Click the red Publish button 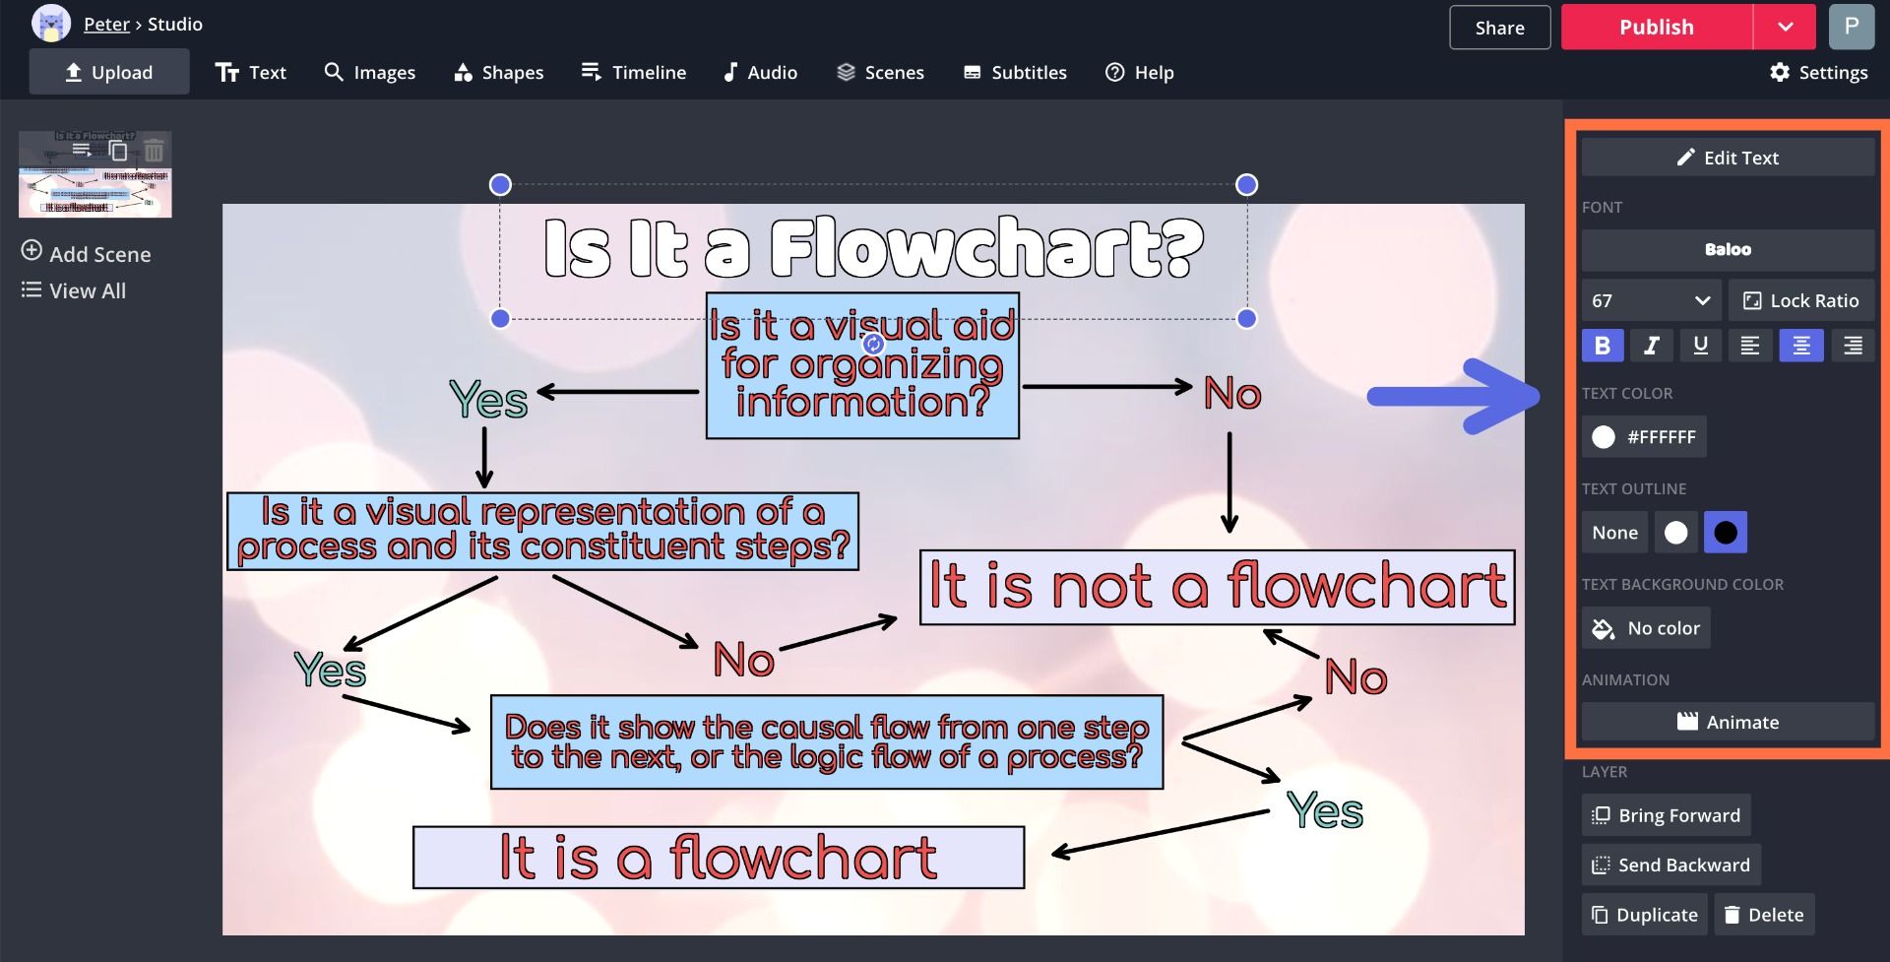[1656, 28]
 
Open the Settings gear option [1818, 73]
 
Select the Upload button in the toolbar [109, 73]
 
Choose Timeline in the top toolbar [634, 73]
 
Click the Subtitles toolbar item [1015, 73]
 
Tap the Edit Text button [1728, 158]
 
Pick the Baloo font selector [1728, 250]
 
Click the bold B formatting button [1602, 346]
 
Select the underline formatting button [1700, 346]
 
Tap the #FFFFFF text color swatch [1644, 437]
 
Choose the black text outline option [1725, 533]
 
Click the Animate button [1728, 722]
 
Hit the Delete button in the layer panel [1763, 915]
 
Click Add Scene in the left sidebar [87, 254]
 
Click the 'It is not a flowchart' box [1217, 588]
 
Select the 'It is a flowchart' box [719, 858]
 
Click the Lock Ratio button [1801, 301]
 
